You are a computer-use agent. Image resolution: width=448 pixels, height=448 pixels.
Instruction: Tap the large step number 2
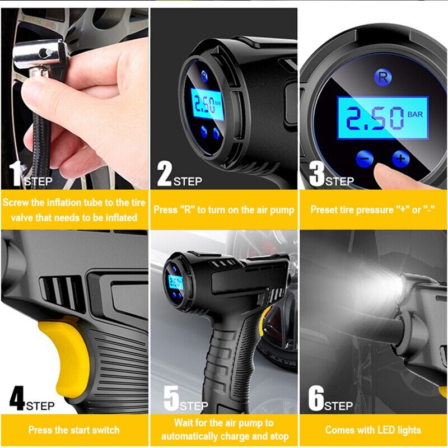pos(164,174)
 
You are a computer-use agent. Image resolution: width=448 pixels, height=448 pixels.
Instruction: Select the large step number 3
pos(316,174)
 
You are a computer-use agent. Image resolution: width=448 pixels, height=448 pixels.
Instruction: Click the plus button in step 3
pos(400,158)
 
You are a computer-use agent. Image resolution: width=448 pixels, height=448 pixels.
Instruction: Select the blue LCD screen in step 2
pos(208,105)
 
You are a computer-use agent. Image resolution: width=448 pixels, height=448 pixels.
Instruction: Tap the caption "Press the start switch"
pos(74,430)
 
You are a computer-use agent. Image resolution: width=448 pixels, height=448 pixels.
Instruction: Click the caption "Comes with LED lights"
pos(373,430)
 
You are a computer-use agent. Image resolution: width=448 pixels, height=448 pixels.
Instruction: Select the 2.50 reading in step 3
pos(374,119)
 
